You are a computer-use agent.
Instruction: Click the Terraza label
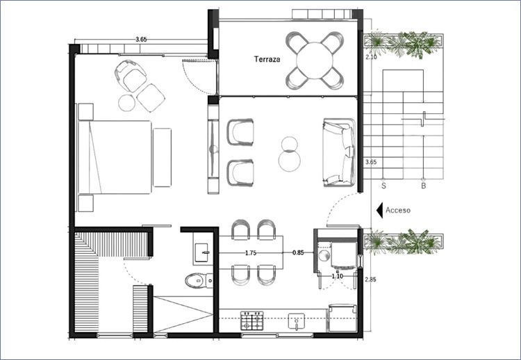(x=267, y=59)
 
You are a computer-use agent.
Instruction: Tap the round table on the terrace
(x=314, y=60)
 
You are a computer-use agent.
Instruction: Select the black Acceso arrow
(x=379, y=210)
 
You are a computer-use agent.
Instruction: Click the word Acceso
(x=398, y=210)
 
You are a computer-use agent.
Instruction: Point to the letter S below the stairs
(x=383, y=186)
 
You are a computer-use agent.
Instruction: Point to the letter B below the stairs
(x=423, y=186)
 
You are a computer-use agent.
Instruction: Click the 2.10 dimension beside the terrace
(x=371, y=57)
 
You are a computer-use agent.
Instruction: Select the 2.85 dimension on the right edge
(x=370, y=279)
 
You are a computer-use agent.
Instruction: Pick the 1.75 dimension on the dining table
(x=251, y=253)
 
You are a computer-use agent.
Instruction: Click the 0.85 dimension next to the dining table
(x=298, y=253)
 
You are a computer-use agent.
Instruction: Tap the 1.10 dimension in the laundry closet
(x=337, y=276)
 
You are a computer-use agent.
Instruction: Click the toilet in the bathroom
(x=199, y=281)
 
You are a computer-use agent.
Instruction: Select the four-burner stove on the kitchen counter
(x=252, y=320)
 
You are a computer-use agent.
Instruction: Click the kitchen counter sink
(x=297, y=321)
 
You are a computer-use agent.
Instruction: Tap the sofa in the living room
(x=339, y=152)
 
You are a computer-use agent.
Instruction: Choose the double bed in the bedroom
(x=115, y=157)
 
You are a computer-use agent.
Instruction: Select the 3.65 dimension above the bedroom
(x=141, y=39)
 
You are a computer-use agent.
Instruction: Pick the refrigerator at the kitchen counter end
(x=342, y=318)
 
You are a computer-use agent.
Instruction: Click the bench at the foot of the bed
(x=162, y=157)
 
